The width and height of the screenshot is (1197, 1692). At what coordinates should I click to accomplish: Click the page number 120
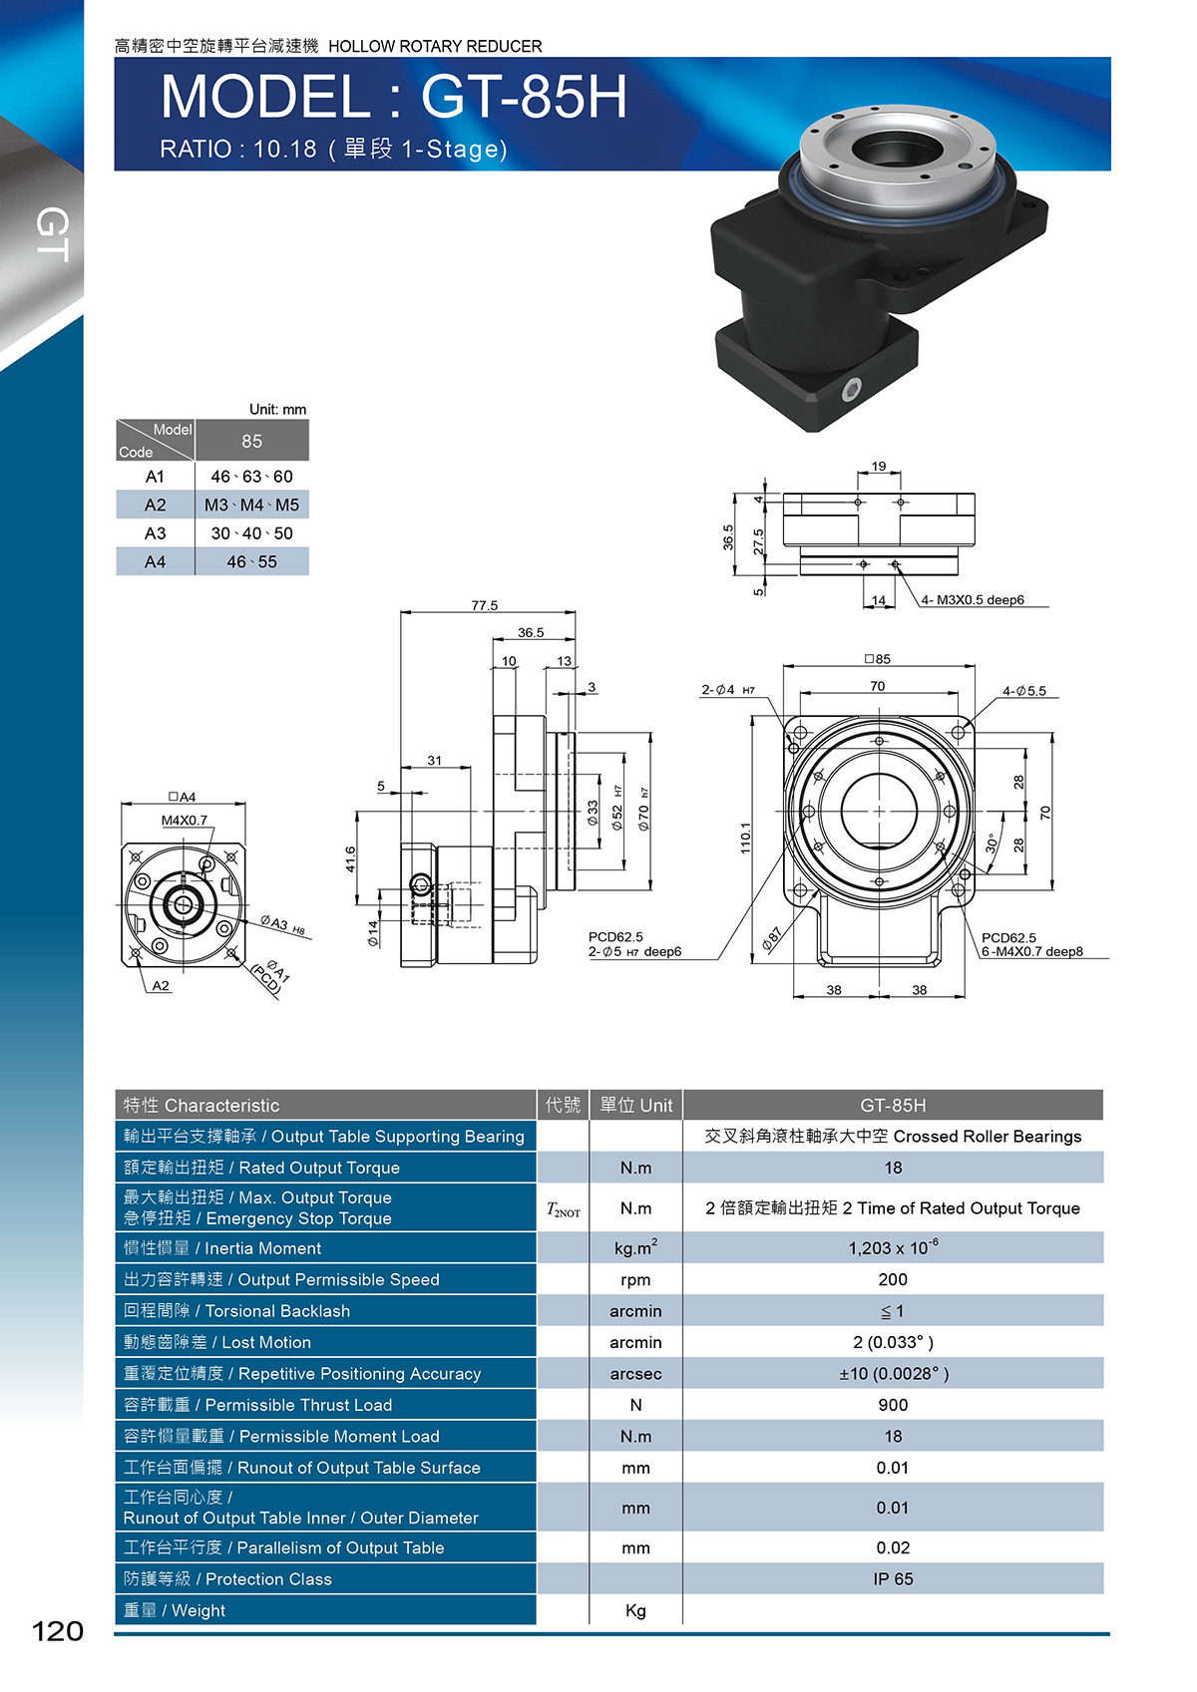(58, 1631)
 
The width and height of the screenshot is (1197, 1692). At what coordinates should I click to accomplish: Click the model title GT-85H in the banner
(524, 97)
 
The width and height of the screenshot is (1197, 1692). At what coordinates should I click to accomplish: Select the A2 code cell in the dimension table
(155, 505)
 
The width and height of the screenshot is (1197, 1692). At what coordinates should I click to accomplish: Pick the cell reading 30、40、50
(251, 533)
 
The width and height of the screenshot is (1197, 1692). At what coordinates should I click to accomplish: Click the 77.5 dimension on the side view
(485, 605)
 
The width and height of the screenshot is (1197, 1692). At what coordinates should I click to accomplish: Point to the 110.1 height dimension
(746, 838)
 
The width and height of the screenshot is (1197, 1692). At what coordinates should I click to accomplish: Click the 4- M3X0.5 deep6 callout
(973, 600)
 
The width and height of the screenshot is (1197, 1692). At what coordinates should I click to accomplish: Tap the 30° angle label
(992, 843)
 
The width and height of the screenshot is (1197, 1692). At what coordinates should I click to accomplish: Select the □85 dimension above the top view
(878, 659)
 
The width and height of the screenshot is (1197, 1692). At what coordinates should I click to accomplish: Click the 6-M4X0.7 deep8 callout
(1031, 952)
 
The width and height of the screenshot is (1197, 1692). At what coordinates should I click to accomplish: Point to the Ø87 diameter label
(771, 938)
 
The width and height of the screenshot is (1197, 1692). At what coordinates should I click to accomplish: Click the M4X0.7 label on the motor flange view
(184, 821)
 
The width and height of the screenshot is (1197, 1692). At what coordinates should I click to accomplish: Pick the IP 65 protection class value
(893, 1578)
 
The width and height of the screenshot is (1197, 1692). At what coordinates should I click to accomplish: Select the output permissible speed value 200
(893, 1279)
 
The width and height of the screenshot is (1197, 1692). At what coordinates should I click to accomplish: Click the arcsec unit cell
(635, 1373)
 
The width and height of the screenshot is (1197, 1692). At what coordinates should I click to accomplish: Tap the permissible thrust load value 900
(893, 1405)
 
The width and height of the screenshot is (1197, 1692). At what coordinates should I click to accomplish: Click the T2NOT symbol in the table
(563, 1209)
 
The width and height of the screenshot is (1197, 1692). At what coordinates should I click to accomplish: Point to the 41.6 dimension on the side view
(350, 858)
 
